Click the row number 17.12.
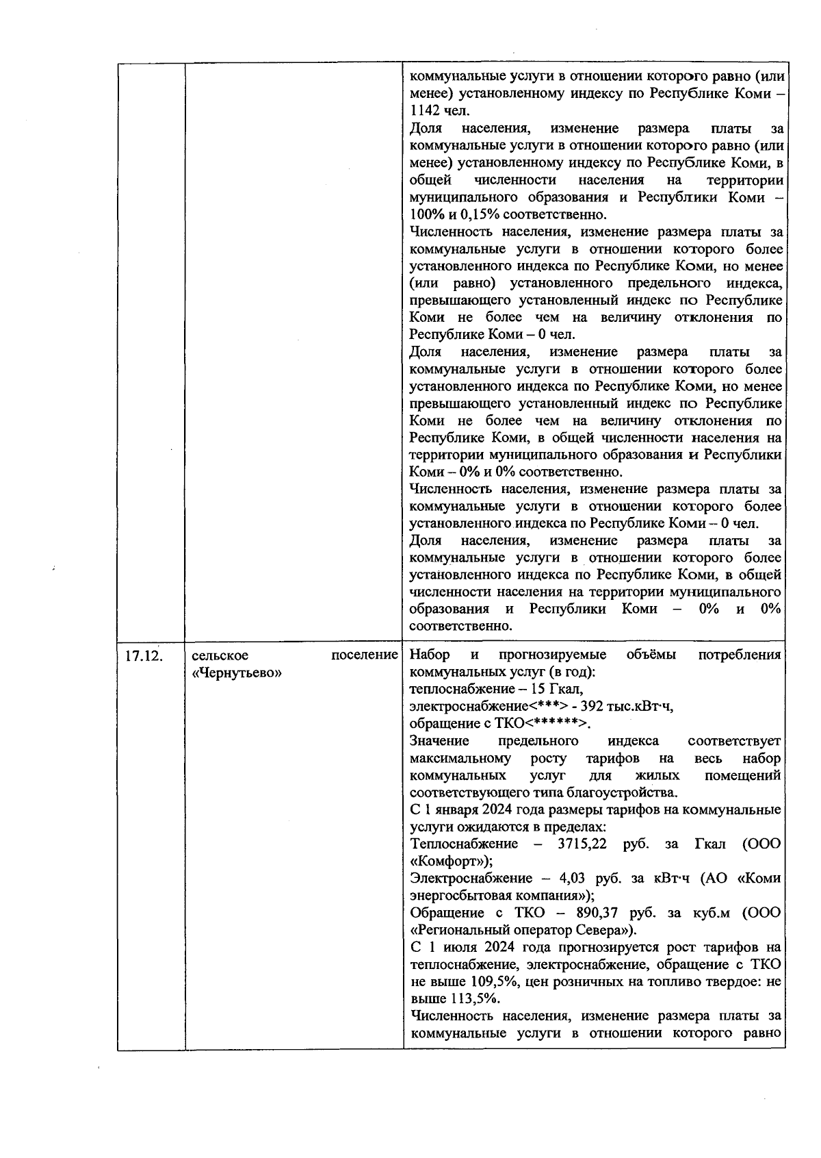coord(143,656)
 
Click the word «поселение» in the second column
coord(365,655)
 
